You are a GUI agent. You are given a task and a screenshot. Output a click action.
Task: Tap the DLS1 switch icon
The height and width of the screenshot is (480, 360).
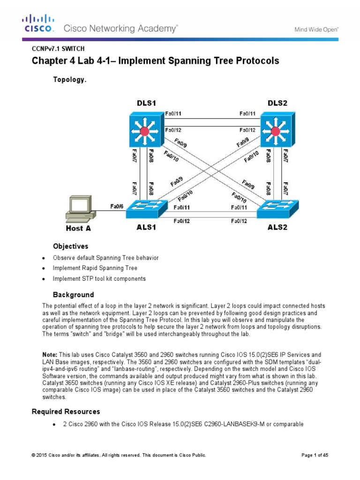[145, 130]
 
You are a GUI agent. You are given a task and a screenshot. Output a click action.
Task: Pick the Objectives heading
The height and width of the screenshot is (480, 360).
[70, 246]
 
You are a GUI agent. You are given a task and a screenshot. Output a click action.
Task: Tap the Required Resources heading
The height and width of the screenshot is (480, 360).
[66, 412]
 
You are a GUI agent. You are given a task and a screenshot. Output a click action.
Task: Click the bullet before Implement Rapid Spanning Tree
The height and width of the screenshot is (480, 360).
[44, 269]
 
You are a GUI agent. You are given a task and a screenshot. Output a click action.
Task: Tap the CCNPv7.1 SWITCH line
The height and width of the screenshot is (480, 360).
[58, 48]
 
